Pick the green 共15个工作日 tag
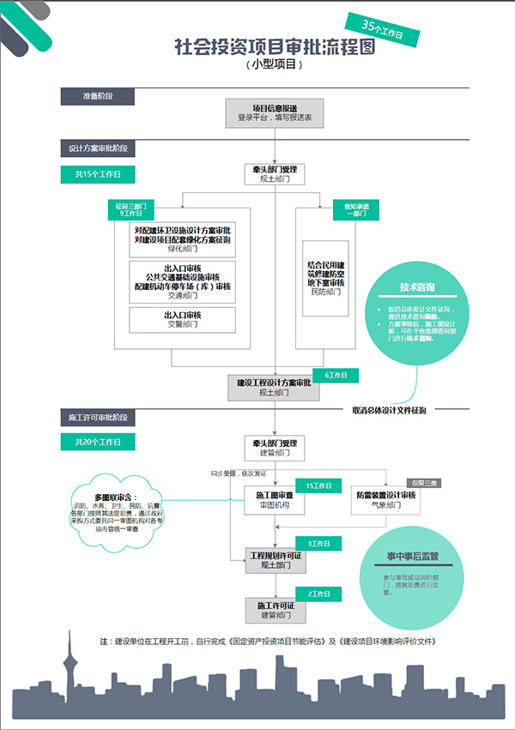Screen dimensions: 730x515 coord(97,174)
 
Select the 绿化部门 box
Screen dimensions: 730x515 coord(182,240)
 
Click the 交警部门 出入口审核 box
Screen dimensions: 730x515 coord(182,320)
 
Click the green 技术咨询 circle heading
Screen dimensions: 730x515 coord(417,287)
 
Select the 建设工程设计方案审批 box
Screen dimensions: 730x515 coord(275,387)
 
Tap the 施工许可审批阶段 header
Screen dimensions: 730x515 coord(97,418)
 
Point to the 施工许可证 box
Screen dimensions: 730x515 coord(275,610)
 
